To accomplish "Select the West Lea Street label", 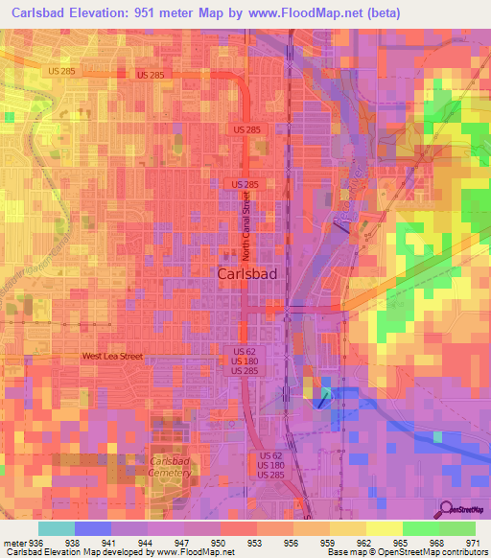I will (x=112, y=357).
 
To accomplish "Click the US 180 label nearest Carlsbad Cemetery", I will (x=271, y=465).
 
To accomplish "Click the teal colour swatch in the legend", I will (x=57, y=528).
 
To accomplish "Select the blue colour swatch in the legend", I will (x=93, y=528).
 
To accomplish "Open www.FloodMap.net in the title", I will (x=314, y=12).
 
